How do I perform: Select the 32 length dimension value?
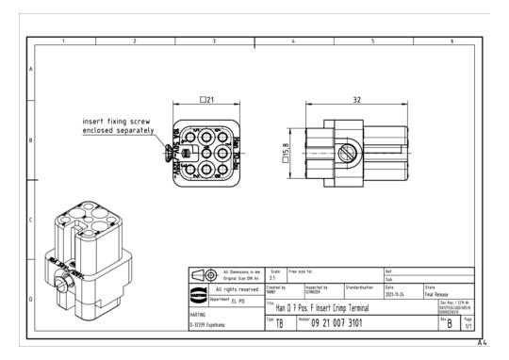pyautogui.click(x=354, y=99)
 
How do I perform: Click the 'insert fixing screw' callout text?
pyautogui.click(x=118, y=122)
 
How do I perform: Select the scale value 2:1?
pyautogui.click(x=274, y=279)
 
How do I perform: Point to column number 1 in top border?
pyautogui.click(x=63, y=41)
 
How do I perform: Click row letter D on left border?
pyautogui.click(x=30, y=299)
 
